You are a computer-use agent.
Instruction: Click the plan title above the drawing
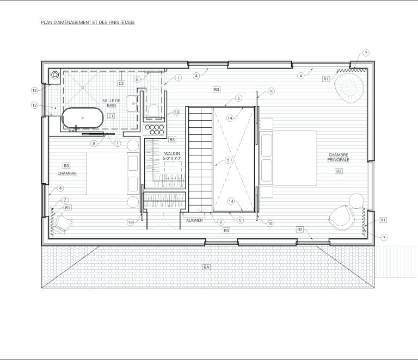pos(88,23)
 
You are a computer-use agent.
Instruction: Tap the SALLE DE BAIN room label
pos(112,103)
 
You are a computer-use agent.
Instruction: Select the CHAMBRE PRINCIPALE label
pos(339,157)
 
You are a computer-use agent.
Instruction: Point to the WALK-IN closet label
pos(172,156)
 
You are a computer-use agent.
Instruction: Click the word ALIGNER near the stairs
pos(194,220)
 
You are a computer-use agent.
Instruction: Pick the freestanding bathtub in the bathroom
pos(83,118)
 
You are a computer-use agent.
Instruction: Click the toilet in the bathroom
pos(153,110)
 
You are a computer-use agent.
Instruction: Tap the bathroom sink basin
pos(132,103)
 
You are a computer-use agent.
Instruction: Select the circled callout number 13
pos(176,112)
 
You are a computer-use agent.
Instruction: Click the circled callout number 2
pos(221,222)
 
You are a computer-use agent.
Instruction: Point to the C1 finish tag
pos(111,116)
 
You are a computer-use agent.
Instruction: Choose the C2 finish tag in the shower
pos(121,83)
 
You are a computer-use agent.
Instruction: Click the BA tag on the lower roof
pos(207,267)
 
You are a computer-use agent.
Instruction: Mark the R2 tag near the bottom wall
pos(300,229)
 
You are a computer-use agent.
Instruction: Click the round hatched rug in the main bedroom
pos(349,88)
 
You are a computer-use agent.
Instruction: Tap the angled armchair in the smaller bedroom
pos(64,223)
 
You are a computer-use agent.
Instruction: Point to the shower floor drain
pos(83,88)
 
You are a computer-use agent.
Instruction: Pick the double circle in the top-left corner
pos(55,75)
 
